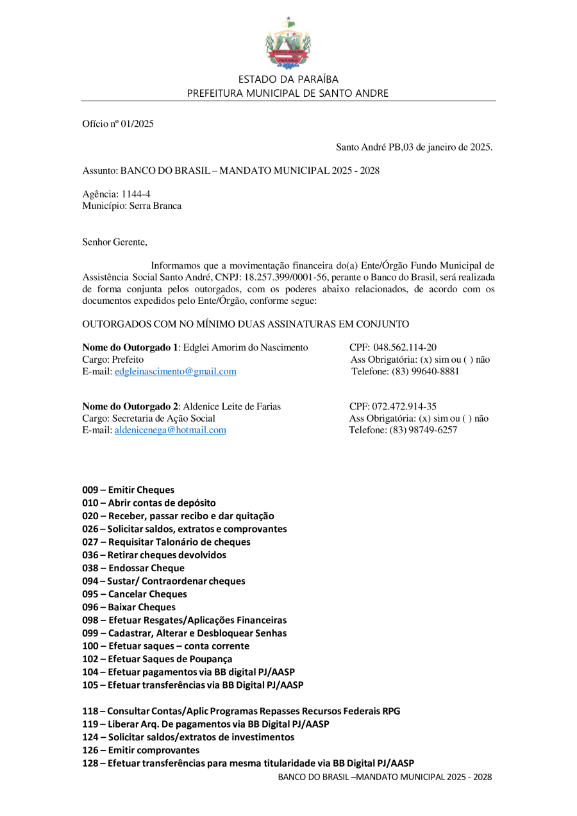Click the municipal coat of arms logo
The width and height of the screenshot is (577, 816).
288,43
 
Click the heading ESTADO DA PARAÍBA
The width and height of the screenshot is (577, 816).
288,79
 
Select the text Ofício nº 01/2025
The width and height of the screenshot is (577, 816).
118,124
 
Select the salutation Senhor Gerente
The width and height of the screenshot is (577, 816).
114,242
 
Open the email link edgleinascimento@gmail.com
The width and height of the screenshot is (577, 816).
175,371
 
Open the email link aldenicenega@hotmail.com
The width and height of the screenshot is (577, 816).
170,430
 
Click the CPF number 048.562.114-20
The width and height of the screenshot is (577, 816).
405,347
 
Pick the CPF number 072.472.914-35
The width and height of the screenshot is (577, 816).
404,406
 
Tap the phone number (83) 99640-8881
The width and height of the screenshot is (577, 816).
424,371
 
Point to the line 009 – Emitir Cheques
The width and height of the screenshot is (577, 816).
128,490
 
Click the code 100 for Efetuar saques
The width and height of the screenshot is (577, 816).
90,646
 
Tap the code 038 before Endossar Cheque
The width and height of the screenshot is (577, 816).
90,568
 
